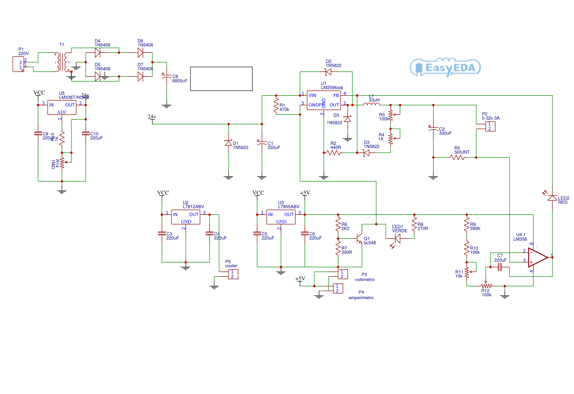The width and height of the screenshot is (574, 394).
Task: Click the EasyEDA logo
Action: [x=445, y=68]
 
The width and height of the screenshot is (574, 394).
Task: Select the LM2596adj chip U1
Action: [x=323, y=100]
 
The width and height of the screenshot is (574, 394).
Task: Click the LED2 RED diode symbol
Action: [x=552, y=198]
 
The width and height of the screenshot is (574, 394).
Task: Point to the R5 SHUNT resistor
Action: [x=457, y=157]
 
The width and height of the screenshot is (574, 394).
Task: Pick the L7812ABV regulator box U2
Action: [x=186, y=218]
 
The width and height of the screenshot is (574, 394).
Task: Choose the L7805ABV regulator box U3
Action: [x=281, y=218]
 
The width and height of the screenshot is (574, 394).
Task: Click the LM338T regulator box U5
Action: [x=62, y=107]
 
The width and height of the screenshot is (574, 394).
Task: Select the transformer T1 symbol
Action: [x=62, y=62]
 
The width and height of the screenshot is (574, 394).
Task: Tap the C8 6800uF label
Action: [x=180, y=79]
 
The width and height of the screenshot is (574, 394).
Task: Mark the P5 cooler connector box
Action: [x=232, y=274]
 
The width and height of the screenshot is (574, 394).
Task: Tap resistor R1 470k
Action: [x=276, y=106]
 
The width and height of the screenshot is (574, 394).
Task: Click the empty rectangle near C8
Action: [x=222, y=79]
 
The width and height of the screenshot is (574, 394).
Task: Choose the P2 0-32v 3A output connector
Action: [x=489, y=126]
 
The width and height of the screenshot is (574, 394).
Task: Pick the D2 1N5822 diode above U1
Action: [x=328, y=72]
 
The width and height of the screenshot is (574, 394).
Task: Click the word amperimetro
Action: [x=361, y=298]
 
